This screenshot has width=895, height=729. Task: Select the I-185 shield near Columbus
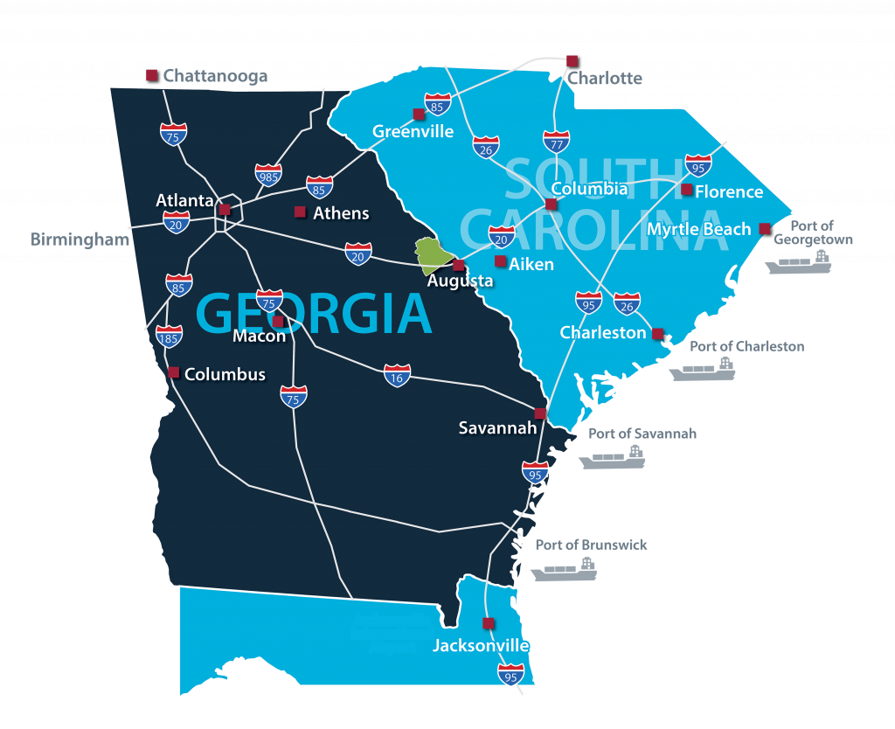tap(170, 336)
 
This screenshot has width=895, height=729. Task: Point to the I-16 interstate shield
tap(398, 375)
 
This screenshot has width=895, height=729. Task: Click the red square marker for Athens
tap(300, 212)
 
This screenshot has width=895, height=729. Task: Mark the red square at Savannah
tap(540, 413)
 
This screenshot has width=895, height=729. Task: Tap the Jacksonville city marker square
tap(488, 623)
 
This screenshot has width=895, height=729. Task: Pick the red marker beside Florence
tap(687, 190)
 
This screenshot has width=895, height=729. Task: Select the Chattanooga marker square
tap(151, 76)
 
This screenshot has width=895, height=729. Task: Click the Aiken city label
tap(531, 264)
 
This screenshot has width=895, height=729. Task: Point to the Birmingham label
tap(80, 239)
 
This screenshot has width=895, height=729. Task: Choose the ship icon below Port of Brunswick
tap(565, 570)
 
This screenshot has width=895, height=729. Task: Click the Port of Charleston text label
tap(746, 346)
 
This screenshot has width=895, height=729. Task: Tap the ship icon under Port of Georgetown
tap(801, 262)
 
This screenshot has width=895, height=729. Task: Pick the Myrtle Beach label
tap(699, 229)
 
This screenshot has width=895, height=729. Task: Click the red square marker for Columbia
tap(552, 205)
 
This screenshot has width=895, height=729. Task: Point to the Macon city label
tap(259, 337)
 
